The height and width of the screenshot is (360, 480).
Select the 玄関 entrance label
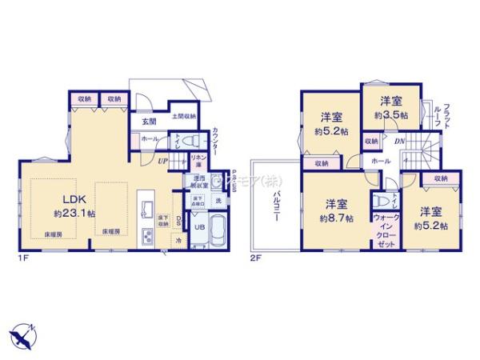pos(149,121)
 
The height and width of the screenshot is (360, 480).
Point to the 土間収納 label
pos(183,117)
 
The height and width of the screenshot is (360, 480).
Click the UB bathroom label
pos(202,226)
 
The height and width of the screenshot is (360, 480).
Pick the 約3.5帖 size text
pos(391,115)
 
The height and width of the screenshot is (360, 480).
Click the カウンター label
pos(217,142)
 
